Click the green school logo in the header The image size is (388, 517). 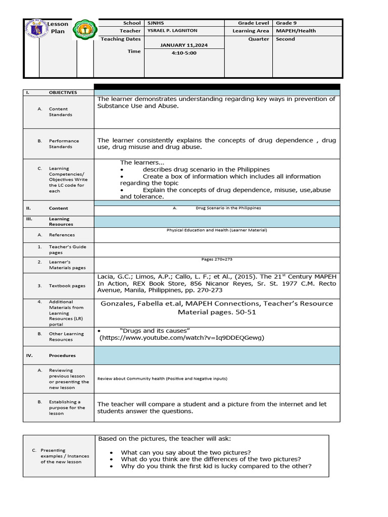click(x=84, y=31)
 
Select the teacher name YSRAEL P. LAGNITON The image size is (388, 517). click(x=165, y=31)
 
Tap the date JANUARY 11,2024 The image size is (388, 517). click(x=184, y=45)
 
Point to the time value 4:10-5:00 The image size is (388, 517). click(x=184, y=53)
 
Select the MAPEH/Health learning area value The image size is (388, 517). click(x=296, y=31)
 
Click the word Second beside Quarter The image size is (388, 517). click(x=285, y=39)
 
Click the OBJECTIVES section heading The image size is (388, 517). click(x=63, y=92)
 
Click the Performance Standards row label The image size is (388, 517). click(x=64, y=144)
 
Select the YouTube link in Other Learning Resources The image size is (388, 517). click(x=181, y=337)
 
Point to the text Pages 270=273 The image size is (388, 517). click(x=216, y=260)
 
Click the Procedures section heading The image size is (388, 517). click(x=62, y=355)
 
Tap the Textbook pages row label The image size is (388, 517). click(x=67, y=286)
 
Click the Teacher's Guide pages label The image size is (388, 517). click(x=67, y=249)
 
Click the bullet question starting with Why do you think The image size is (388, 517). click(x=216, y=466)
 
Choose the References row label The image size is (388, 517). click(x=62, y=235)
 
